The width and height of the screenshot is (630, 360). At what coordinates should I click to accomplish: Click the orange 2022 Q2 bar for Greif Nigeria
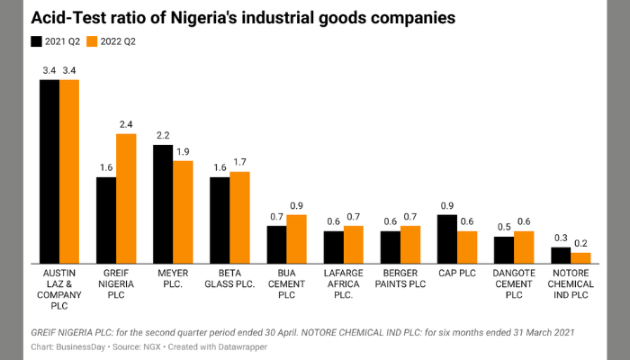pos(126,198)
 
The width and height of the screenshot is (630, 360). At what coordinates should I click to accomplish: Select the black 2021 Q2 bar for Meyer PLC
pos(163,203)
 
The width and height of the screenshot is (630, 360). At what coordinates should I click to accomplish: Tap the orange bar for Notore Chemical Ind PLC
pos(580,257)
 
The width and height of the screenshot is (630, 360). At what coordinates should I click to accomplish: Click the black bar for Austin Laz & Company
pos(49,171)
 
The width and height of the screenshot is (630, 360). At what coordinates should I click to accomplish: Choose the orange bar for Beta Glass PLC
pos(239,217)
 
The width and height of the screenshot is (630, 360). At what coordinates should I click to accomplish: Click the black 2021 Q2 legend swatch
pos(37,41)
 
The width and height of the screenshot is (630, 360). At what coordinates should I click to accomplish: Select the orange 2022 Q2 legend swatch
pos(94,41)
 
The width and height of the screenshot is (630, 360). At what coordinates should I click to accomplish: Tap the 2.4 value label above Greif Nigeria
pos(126,124)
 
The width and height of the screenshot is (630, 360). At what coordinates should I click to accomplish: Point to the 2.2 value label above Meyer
pos(163,135)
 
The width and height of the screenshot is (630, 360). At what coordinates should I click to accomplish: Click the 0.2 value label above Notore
pos(580,243)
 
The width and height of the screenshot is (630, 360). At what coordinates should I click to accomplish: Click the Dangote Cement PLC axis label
pos(514,283)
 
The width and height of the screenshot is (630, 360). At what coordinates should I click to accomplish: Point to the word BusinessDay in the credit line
pos(85,346)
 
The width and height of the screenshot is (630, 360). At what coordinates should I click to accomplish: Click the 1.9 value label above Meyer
pos(183,151)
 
